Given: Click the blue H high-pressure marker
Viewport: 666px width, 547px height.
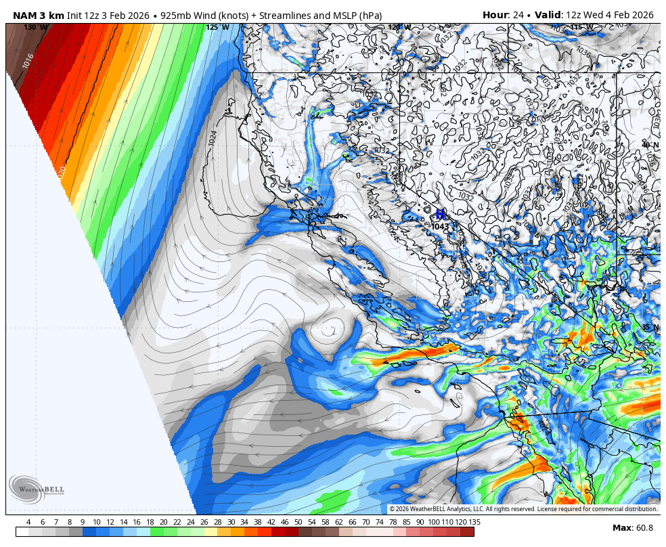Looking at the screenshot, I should point(441,215).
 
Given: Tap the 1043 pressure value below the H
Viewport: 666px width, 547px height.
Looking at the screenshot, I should point(440,226).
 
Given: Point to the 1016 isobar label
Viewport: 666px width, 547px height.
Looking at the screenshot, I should point(28,61).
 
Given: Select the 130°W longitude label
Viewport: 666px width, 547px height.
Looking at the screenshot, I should point(36,28).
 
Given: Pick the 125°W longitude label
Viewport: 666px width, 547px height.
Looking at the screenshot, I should point(217,28).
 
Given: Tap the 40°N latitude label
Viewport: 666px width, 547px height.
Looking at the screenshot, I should point(650,146).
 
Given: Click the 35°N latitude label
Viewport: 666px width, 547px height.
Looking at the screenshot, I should point(650,328).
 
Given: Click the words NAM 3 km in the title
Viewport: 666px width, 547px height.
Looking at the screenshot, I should point(38,15).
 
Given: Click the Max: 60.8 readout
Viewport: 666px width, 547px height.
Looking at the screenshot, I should point(633,528).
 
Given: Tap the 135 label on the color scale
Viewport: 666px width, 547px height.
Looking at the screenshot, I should point(474,522).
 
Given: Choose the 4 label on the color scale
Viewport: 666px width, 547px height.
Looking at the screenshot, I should point(28,522).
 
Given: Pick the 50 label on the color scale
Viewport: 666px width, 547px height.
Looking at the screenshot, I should point(298,522).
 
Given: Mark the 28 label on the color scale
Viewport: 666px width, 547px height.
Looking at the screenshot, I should point(217,522).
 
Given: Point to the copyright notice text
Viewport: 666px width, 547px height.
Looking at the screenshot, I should point(523,509).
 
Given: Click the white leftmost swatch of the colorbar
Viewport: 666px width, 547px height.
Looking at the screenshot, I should point(22,532).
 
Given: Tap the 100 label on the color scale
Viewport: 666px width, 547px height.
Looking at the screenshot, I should point(433,522).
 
